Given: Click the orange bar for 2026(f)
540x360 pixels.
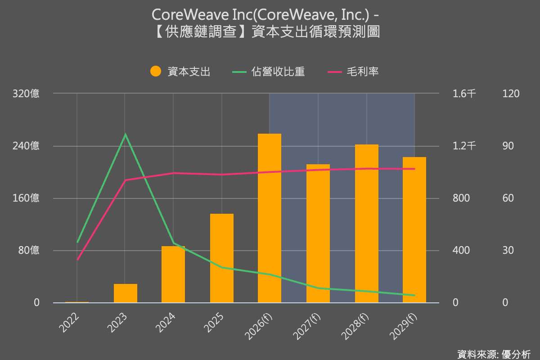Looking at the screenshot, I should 270,218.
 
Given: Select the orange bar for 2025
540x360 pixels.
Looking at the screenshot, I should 222,258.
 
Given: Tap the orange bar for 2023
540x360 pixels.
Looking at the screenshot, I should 126,293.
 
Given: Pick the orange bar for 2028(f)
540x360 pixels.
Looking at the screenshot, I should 366,224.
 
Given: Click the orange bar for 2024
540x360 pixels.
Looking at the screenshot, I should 173,274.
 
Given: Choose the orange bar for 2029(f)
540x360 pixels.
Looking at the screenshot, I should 414,230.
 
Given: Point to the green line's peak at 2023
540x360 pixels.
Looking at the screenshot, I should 126,134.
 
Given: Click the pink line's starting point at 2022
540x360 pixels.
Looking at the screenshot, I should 77,260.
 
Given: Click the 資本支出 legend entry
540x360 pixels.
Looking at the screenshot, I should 180,72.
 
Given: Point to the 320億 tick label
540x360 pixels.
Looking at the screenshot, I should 26,94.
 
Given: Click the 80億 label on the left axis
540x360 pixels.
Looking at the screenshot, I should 28,250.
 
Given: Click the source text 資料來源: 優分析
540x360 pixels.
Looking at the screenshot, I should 494,354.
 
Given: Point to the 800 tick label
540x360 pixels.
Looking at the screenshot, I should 461,198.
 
